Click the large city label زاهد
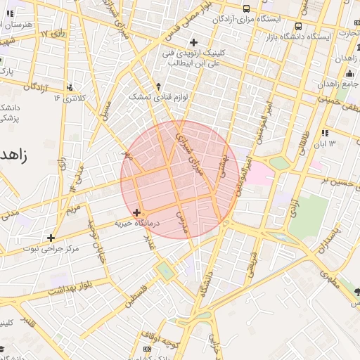click(14, 155)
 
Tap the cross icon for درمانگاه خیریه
click(136, 212)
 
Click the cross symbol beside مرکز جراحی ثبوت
click(51, 238)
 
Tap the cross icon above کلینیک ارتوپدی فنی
click(193, 42)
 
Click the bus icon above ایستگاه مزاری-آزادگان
click(245, 8)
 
